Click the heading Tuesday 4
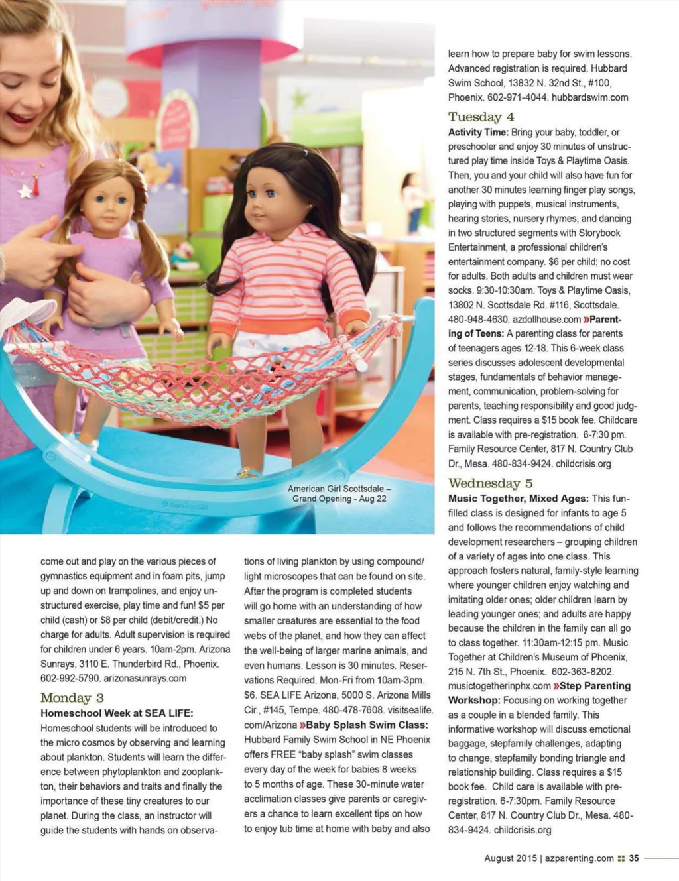[x=481, y=117]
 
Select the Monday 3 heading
[x=72, y=698]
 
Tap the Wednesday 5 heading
[x=490, y=483]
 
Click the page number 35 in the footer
[x=634, y=858]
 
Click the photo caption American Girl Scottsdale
[x=339, y=489]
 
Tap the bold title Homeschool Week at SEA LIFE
[x=117, y=713]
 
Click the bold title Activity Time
[x=477, y=132]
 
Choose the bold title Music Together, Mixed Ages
[x=518, y=499]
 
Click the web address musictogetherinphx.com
[x=499, y=686]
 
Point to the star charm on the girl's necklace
[x=25, y=192]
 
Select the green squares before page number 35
[x=621, y=858]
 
